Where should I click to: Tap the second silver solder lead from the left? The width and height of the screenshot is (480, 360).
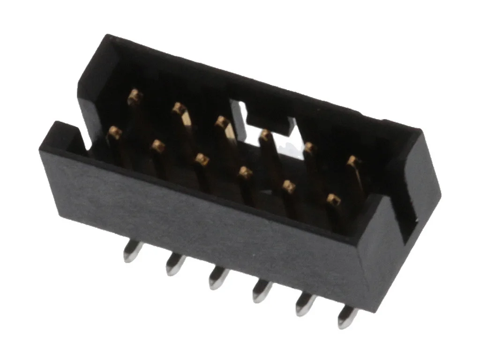click(x=174, y=265)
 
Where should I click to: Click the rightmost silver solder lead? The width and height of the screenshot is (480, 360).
click(x=347, y=317)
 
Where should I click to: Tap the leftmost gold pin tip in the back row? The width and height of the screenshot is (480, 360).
click(x=135, y=96)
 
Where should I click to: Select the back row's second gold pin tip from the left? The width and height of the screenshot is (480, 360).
click(x=178, y=109)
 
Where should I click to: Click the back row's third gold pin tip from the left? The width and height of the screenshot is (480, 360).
click(x=221, y=122)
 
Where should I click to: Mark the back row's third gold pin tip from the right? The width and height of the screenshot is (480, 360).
click(x=265, y=135)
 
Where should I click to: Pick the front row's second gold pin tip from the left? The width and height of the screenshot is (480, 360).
click(x=158, y=147)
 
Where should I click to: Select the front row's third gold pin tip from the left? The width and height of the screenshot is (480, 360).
click(x=202, y=159)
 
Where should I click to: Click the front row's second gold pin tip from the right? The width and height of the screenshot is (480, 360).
click(x=289, y=187)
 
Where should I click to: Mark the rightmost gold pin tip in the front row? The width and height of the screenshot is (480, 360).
click(x=333, y=200)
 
